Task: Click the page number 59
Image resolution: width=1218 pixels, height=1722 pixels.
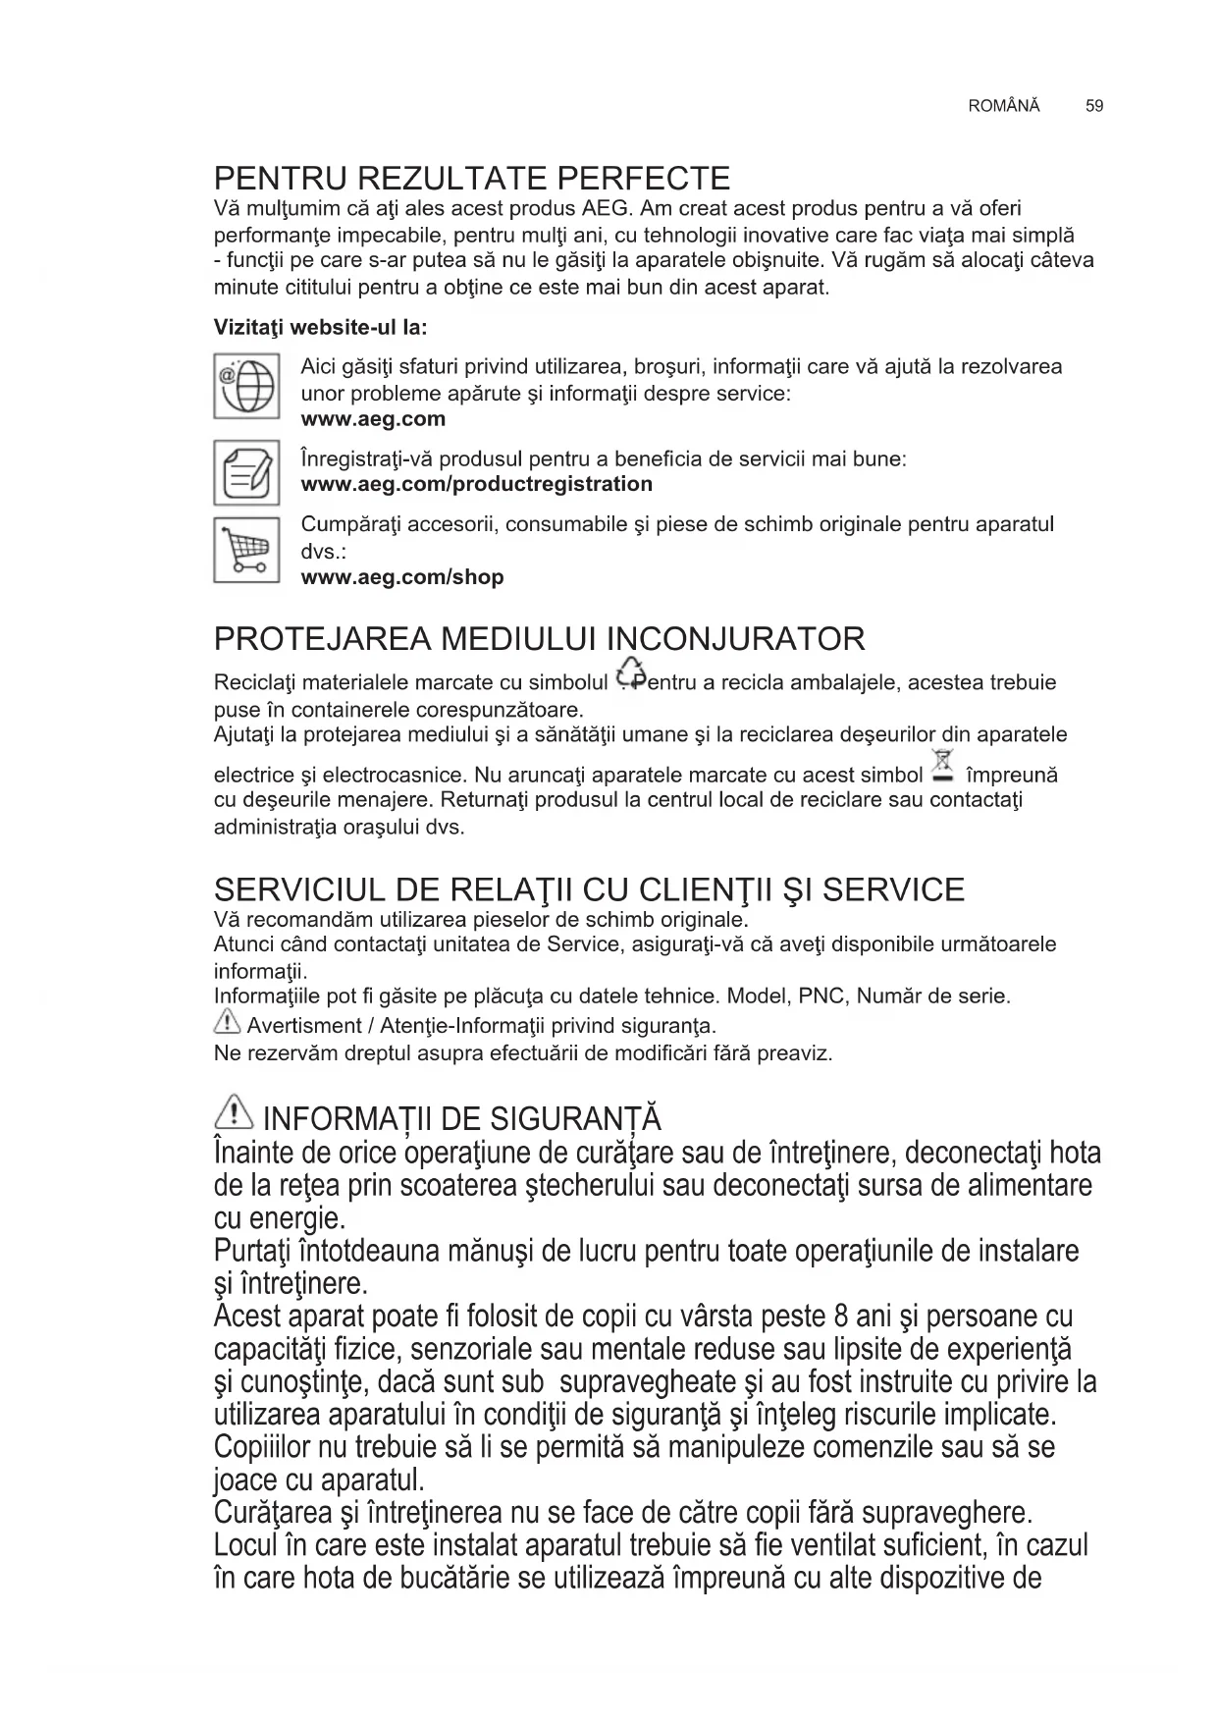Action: tap(1094, 106)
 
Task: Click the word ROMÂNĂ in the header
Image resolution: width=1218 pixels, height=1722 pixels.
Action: tap(1003, 106)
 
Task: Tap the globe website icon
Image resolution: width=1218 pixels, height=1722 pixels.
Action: tap(246, 386)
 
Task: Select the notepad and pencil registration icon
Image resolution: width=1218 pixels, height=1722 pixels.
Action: tap(246, 472)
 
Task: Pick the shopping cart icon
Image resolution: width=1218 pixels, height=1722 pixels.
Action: tap(246, 550)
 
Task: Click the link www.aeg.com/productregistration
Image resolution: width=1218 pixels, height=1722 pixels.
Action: tap(476, 484)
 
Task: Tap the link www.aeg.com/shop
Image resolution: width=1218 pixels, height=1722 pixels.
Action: tap(401, 577)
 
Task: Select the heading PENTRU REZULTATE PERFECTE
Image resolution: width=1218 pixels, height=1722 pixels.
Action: tap(472, 179)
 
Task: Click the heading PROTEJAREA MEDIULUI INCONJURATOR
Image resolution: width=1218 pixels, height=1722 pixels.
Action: tap(539, 639)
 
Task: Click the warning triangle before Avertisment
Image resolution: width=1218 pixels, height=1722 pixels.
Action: tap(227, 1024)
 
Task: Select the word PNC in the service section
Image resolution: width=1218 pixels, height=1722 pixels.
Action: tap(822, 996)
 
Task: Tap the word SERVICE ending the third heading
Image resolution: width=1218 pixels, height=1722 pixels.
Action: tap(893, 890)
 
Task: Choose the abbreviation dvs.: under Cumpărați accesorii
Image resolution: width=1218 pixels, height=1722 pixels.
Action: tap(323, 551)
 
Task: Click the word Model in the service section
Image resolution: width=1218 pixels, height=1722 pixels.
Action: tap(755, 996)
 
